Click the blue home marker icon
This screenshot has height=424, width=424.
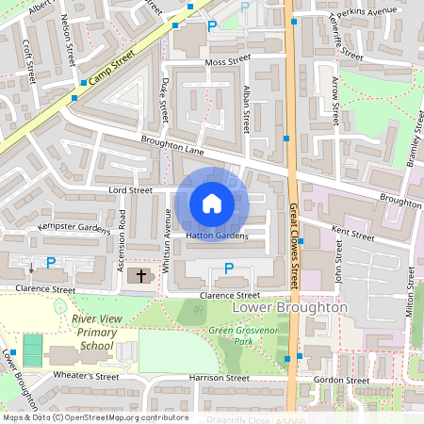click(212, 203)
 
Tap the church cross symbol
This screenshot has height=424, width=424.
click(142, 276)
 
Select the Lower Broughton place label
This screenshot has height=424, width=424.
click(289, 308)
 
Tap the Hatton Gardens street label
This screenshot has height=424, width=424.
click(217, 236)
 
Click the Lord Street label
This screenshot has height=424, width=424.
click(131, 190)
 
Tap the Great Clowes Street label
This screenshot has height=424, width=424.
click(294, 248)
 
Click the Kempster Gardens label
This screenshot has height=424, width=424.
click(74, 228)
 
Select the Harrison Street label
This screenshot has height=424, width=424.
click(218, 378)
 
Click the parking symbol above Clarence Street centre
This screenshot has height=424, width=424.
click(228, 269)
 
